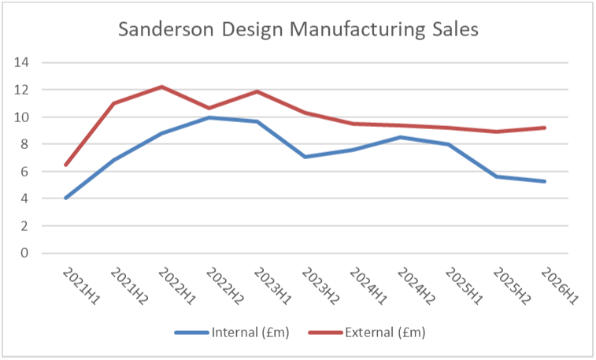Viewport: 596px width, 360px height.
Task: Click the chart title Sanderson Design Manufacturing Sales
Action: point(298,30)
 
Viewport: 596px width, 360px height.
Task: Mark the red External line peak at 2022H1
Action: point(161,87)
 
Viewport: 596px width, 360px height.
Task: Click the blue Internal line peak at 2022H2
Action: point(209,117)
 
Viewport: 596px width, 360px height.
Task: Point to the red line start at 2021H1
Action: point(66,165)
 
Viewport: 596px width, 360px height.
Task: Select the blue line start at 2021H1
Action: point(66,198)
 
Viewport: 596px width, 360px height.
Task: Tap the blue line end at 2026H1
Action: point(544,181)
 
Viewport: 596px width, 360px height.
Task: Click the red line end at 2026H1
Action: point(544,128)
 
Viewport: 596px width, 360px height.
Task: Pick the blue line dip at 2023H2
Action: point(305,157)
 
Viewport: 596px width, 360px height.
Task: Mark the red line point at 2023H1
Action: point(257,91)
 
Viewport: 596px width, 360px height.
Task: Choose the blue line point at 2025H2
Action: point(496,176)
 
